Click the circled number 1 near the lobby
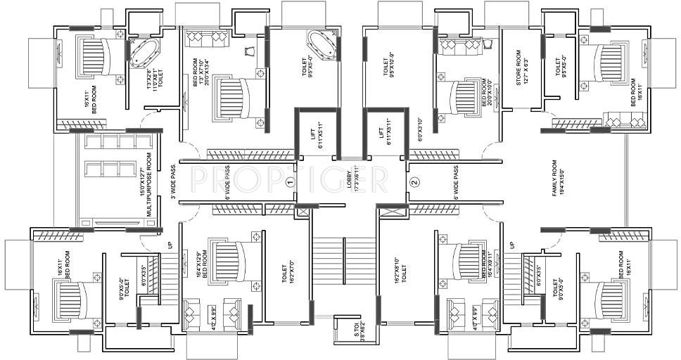pyautogui.click(x=289, y=181)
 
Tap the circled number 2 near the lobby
pyautogui.click(x=414, y=181)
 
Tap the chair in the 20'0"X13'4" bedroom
pyautogui.click(x=251, y=51)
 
